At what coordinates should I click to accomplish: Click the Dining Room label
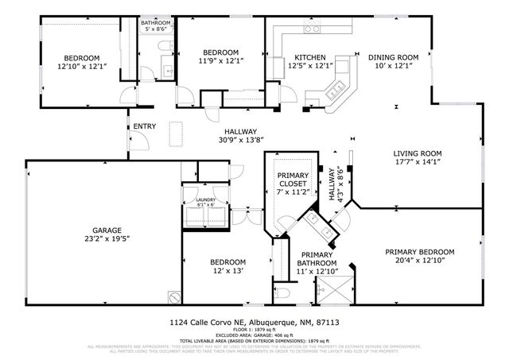click(x=393, y=57)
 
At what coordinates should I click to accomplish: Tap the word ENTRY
click(x=145, y=126)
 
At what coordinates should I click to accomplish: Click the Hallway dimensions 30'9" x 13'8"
click(x=239, y=140)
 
